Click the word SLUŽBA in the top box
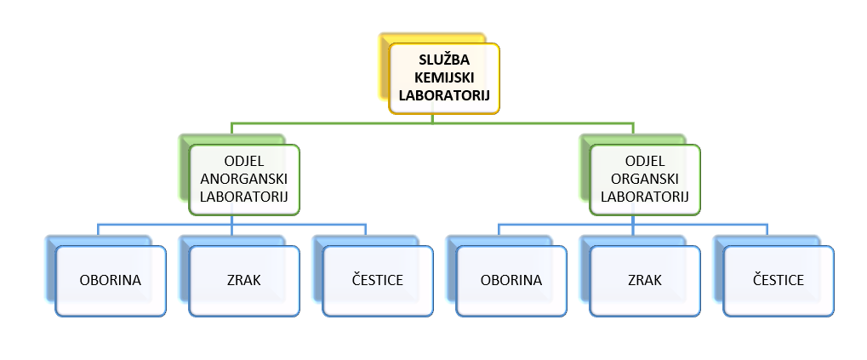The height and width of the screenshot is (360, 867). pyautogui.click(x=444, y=61)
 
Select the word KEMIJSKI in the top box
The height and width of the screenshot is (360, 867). pyautogui.click(x=444, y=77)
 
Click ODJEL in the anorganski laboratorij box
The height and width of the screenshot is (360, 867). pyautogui.click(x=244, y=162)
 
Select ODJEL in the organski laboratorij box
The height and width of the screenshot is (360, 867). pyautogui.click(x=644, y=162)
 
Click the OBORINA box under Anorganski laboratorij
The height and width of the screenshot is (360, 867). pyautogui.click(x=111, y=280)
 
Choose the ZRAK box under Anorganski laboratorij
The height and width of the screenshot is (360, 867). pyautogui.click(x=244, y=280)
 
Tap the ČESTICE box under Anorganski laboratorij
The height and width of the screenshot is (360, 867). pyautogui.click(x=378, y=280)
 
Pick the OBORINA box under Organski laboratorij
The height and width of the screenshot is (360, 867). pyautogui.click(x=511, y=280)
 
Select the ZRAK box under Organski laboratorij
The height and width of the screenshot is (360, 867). pyautogui.click(x=644, y=280)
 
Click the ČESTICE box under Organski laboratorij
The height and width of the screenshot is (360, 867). pyautogui.click(x=779, y=280)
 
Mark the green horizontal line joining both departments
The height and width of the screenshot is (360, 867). pyautogui.click(x=340, y=123)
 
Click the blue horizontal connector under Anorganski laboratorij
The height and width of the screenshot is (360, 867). pyautogui.click(x=170, y=226)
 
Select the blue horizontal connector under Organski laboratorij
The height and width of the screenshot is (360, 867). pyautogui.click(x=570, y=226)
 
